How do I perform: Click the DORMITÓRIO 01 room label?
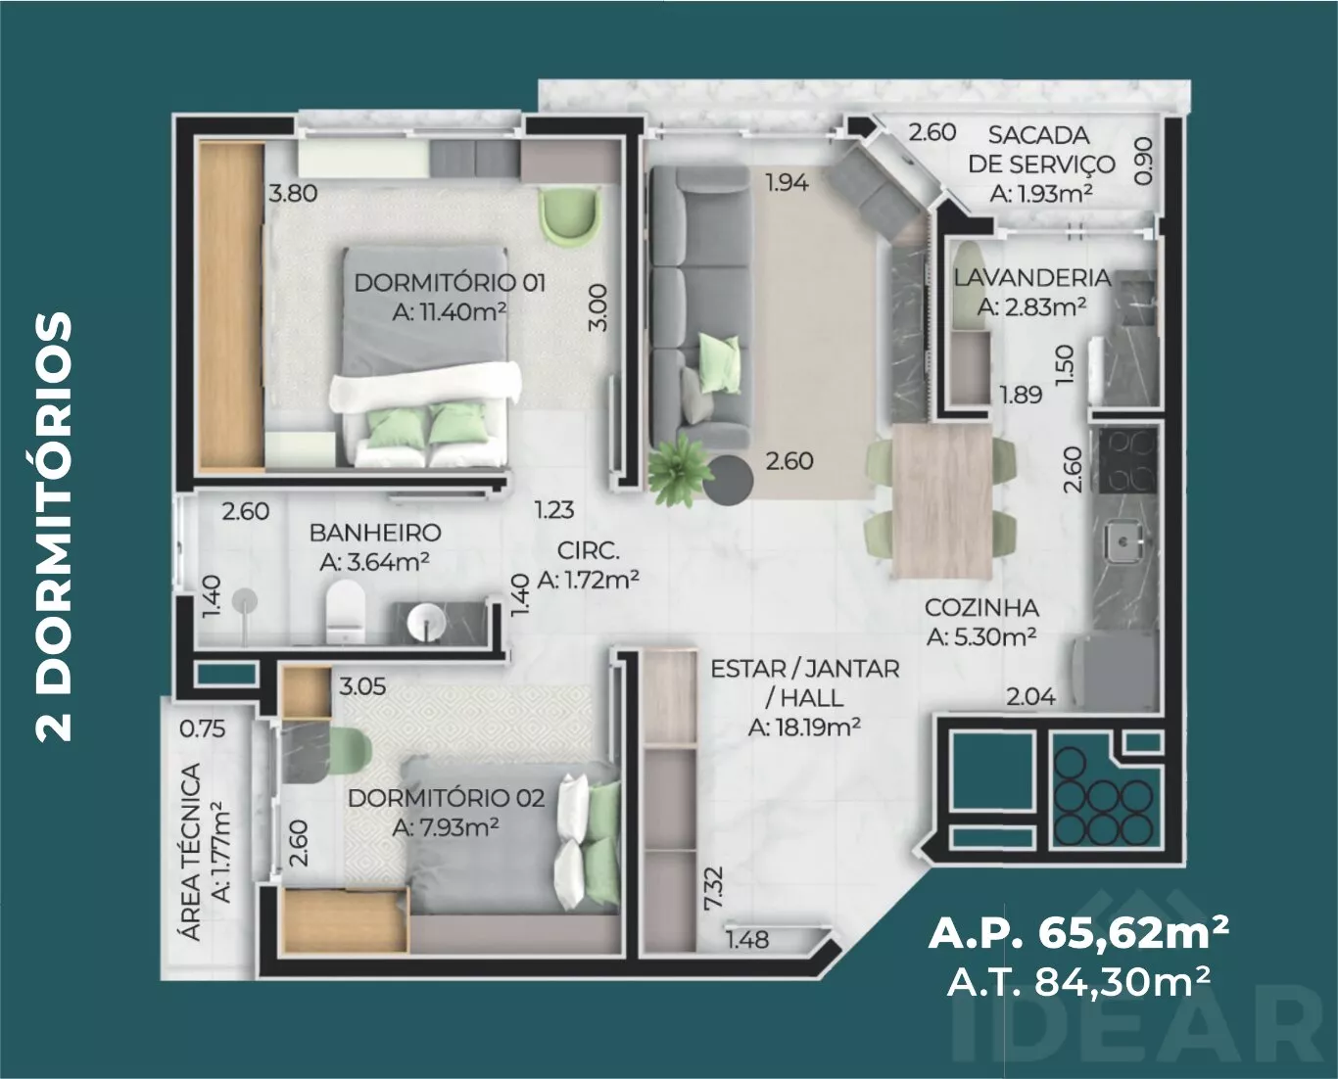[x=450, y=283]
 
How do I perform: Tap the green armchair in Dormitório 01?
[x=571, y=215]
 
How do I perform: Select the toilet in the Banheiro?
[x=345, y=612]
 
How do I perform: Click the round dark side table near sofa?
[x=728, y=480]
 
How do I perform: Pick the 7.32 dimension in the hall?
[x=714, y=889]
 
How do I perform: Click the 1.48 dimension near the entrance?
[x=748, y=940]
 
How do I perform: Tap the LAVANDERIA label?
[x=1032, y=278]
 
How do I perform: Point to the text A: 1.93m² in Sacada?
[x=1041, y=194]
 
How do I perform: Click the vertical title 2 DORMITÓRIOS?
[x=54, y=528]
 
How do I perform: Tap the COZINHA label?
[x=981, y=607]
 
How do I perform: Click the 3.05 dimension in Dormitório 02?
[x=362, y=686]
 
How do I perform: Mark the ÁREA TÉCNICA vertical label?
[x=191, y=852]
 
